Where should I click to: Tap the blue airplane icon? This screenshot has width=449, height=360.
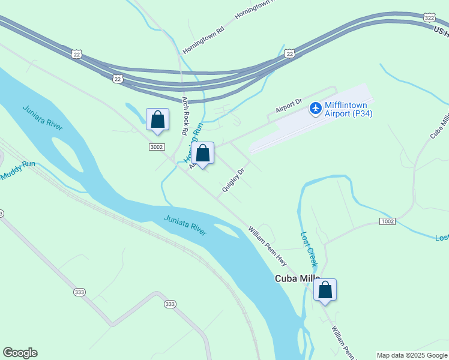(x=315, y=109)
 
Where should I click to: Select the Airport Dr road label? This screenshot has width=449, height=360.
(x=289, y=107)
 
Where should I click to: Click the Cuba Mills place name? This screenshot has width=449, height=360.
(x=297, y=278)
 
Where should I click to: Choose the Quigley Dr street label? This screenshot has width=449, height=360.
(x=234, y=180)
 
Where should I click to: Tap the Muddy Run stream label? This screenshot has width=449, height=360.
(x=18, y=170)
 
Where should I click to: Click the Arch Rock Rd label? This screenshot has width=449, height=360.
(x=185, y=115)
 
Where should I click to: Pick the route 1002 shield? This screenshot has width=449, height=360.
(x=387, y=221)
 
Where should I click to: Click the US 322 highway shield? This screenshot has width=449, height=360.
(x=429, y=18)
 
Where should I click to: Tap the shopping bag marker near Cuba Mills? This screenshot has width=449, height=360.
(x=325, y=290)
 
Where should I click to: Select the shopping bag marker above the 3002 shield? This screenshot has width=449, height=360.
(x=157, y=119)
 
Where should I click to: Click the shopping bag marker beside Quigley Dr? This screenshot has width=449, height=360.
(x=203, y=153)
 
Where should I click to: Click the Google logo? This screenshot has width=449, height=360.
(x=20, y=353)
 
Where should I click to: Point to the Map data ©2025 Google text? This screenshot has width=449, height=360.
(x=412, y=355)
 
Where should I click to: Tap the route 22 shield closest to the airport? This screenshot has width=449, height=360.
(x=290, y=53)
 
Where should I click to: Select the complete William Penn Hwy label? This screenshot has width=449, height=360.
(x=268, y=246)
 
